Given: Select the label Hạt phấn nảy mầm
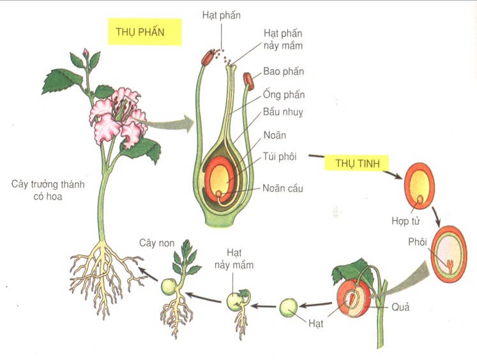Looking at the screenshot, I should click(x=284, y=39).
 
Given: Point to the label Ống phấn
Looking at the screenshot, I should click(x=284, y=95).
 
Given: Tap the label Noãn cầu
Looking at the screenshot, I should click(x=283, y=188).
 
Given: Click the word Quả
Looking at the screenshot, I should click(x=401, y=307).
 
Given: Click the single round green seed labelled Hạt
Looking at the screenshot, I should click(x=289, y=308).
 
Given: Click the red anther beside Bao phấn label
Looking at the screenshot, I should click(x=248, y=81).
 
